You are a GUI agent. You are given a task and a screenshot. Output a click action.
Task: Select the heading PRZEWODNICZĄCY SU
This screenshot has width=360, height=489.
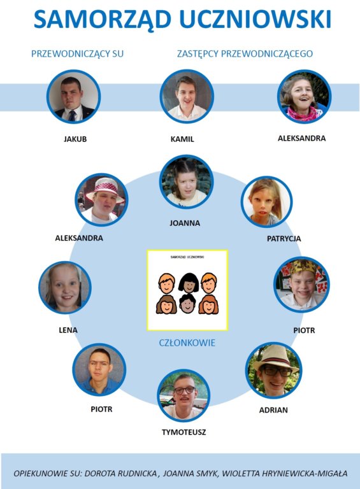click(77, 54)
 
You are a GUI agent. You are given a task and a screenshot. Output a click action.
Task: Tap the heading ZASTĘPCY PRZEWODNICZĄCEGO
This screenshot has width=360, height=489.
click(245, 53)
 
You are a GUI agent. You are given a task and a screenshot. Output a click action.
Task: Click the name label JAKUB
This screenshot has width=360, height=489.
click(75, 139)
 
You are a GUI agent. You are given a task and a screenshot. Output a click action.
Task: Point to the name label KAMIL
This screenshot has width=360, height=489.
click(182, 139)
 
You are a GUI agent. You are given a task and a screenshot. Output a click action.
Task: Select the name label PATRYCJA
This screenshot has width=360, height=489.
click(284, 239)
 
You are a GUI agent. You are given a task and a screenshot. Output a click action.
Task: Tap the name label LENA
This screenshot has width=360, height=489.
click(68, 330)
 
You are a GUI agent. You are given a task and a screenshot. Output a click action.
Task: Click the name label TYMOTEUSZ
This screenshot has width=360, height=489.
click(184, 432)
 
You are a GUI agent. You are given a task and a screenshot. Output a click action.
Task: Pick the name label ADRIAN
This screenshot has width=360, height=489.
click(273, 410)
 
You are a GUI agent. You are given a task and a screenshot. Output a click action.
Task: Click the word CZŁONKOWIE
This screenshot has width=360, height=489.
click(187, 343)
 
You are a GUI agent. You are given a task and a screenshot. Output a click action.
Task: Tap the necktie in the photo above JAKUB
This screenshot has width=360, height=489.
click(72, 115)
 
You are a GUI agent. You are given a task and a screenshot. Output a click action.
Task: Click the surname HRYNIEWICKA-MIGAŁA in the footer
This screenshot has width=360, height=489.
click(305, 474)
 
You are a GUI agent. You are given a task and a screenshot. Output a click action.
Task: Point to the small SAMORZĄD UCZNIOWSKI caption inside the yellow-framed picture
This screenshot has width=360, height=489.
click(187, 257)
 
